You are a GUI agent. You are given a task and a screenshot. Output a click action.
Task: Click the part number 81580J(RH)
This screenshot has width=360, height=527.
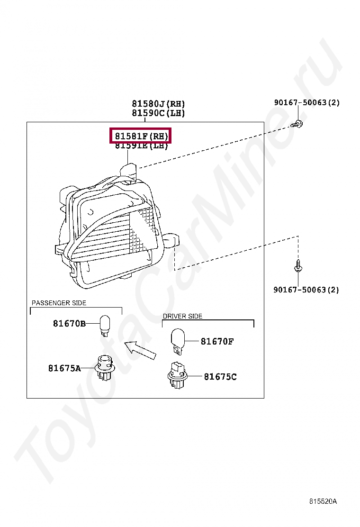(158, 104)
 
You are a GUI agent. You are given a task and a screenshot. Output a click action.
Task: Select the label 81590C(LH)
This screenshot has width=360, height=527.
(158, 113)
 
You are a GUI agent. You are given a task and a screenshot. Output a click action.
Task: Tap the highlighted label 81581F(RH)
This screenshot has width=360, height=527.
(140, 136)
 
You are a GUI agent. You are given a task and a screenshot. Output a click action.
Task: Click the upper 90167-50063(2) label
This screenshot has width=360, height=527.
(306, 102)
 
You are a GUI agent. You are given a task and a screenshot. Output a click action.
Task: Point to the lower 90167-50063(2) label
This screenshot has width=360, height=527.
(306, 290)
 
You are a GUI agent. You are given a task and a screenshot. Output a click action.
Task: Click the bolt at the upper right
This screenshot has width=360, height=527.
(298, 125)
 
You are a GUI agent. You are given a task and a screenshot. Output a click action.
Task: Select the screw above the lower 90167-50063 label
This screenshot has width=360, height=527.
(298, 265)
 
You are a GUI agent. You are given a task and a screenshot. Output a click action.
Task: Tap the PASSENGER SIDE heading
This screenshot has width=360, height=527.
(59, 303)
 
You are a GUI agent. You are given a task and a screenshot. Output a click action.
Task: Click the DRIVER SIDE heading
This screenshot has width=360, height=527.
(182, 316)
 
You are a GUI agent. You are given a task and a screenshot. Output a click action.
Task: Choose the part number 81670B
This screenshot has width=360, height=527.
(69, 324)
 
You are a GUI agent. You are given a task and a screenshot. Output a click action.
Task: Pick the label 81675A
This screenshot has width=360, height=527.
(64, 368)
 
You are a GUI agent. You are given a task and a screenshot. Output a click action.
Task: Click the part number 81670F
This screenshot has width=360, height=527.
(217, 341)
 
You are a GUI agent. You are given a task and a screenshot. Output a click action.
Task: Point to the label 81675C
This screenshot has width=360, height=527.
(220, 377)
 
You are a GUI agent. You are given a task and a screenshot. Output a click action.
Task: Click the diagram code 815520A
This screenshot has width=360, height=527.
(323, 501)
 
